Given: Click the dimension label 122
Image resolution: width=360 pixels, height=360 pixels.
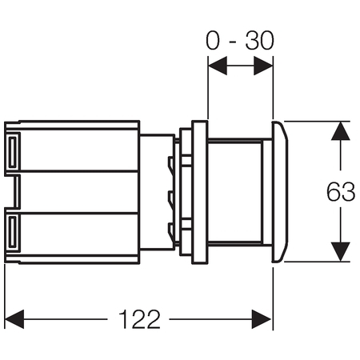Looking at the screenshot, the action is click(x=139, y=319).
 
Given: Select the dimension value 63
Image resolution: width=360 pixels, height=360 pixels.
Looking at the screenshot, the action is click(x=341, y=191).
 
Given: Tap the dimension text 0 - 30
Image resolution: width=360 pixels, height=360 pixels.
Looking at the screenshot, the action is click(x=240, y=40).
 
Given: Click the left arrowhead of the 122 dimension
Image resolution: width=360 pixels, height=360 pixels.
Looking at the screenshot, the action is click(x=14, y=319).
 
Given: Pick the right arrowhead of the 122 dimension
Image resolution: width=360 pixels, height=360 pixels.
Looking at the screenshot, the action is click(x=262, y=319).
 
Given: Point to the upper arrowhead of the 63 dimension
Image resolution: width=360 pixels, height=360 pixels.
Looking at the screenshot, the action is click(x=341, y=131).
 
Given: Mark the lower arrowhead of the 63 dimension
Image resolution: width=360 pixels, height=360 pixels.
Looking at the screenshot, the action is click(x=341, y=251).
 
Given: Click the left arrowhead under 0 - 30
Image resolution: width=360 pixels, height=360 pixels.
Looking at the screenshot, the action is click(x=218, y=66).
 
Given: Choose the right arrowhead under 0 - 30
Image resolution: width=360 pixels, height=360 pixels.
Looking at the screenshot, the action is click(x=263, y=66).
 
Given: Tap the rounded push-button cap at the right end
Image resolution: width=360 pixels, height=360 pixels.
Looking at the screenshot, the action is click(x=280, y=191).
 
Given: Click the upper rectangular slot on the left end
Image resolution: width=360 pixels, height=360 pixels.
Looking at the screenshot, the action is click(x=13, y=152).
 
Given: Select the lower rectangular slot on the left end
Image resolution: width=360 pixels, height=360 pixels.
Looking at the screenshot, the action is click(x=13, y=231).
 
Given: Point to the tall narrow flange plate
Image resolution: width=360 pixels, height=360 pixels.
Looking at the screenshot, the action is click(x=200, y=192).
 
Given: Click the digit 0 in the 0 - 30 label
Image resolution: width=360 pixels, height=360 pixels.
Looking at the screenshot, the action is click(x=213, y=41).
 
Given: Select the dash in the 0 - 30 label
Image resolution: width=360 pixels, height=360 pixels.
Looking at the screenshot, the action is click(x=233, y=42).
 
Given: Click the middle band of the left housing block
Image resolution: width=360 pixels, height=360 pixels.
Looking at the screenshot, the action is click(x=79, y=192).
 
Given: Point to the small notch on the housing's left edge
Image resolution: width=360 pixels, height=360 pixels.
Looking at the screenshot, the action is click(x=13, y=192).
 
